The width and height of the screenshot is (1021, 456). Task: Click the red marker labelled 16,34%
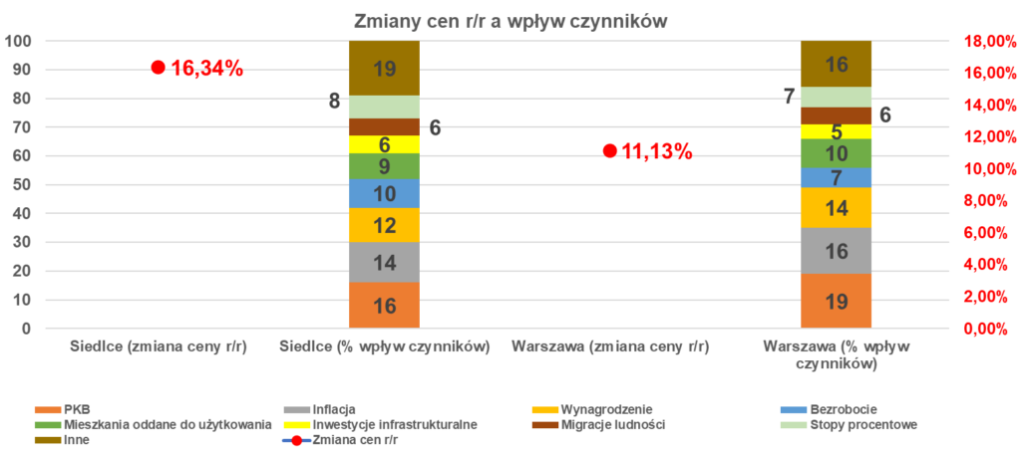click(158, 67)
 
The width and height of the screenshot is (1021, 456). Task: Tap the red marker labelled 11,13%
click(609, 151)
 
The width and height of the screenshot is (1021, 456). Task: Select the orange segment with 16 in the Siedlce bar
click(384, 305)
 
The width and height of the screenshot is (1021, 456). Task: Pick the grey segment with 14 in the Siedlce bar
click(384, 263)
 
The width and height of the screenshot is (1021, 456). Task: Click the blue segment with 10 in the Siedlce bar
click(384, 194)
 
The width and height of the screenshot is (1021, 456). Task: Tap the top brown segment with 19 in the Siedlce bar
click(384, 69)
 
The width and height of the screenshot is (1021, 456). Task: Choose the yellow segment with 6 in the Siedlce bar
click(384, 144)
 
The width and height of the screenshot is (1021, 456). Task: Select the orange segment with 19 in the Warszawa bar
click(837, 301)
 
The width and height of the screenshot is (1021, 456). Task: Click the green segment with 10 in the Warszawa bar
click(837, 153)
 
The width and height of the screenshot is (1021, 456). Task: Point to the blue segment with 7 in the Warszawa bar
click(837, 178)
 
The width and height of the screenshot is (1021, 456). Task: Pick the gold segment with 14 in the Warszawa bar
click(837, 208)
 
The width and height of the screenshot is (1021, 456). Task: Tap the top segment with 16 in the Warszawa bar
click(837, 64)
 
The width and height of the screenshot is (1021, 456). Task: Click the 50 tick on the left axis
click(20, 185)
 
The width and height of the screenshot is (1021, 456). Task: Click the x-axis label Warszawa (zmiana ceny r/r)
click(609, 347)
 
